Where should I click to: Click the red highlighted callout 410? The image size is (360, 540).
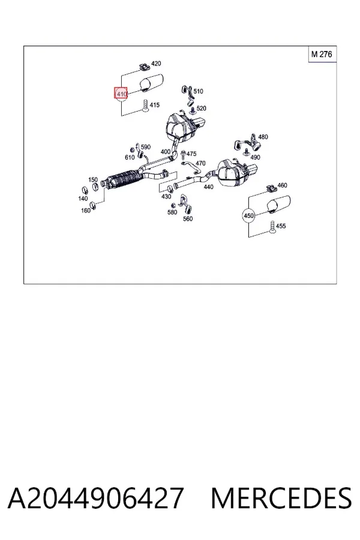[x=121, y=94]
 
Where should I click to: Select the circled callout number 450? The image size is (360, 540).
[x=248, y=216]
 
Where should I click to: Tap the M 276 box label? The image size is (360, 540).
[x=322, y=54]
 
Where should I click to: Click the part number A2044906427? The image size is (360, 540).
[x=95, y=498]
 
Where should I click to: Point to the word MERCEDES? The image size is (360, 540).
[x=281, y=498]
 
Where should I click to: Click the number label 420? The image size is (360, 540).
[x=156, y=64]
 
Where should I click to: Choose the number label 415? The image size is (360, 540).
[x=155, y=104]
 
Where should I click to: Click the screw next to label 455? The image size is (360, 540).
[x=272, y=227]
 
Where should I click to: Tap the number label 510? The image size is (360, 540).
[x=198, y=91]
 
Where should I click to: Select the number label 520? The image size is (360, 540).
[x=201, y=108]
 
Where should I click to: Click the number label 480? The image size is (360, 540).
[x=263, y=137]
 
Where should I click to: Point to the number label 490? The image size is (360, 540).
[x=255, y=157]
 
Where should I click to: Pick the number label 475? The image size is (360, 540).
[x=191, y=154]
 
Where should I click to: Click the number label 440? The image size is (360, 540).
[x=208, y=187]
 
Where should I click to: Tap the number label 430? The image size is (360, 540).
[x=166, y=196]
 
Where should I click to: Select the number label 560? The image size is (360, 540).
[x=188, y=218]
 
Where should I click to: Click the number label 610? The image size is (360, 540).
[x=130, y=157]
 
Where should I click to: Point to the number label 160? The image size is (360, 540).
[x=86, y=210]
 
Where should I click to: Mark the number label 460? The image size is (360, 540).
[x=282, y=185]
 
